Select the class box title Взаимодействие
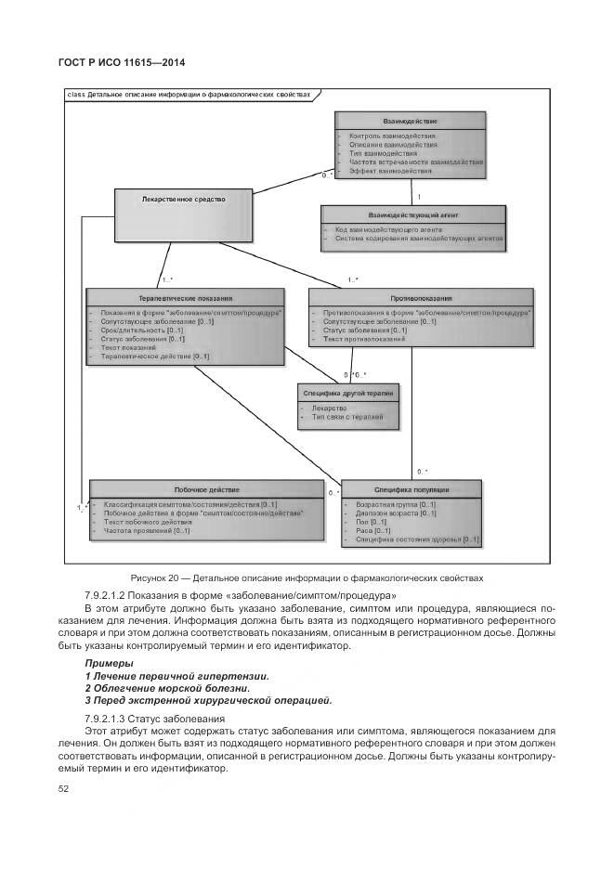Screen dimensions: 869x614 click(x=410, y=122)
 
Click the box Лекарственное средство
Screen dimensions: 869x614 click(x=183, y=199)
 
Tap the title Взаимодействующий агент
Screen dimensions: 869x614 click(x=413, y=215)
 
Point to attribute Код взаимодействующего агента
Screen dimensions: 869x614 click(x=382, y=228)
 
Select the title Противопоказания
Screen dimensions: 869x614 click(x=421, y=299)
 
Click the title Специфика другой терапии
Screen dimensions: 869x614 click(x=347, y=394)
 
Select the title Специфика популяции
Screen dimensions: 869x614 click(x=412, y=489)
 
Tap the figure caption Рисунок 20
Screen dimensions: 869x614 click(x=308, y=577)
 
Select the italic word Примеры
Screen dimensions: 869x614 click(x=109, y=664)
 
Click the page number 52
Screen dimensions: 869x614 click(x=64, y=788)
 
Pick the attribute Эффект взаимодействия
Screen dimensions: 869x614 click(x=390, y=171)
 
